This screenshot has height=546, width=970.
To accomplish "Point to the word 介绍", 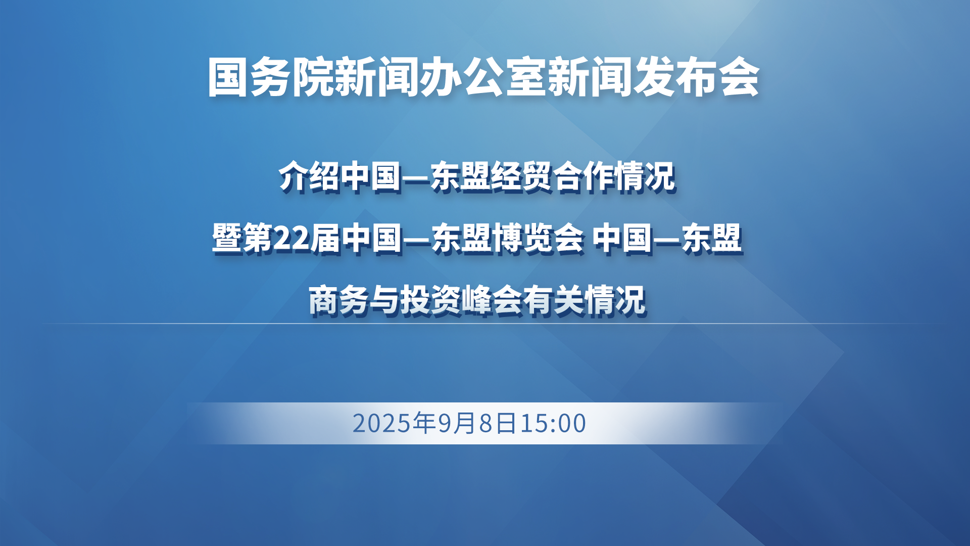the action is click(309, 177).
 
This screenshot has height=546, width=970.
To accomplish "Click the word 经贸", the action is click(521, 177).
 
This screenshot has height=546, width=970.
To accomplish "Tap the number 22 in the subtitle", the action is click(291, 239).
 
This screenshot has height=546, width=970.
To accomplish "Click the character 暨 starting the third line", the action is click(227, 238).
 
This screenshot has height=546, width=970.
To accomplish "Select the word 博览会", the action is click(538, 238).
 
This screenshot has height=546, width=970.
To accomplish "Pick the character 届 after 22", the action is click(325, 238).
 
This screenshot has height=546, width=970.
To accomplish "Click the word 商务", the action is click(338, 300).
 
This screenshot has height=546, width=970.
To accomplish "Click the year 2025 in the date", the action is click(382, 423).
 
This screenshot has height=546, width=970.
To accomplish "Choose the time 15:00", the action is click(553, 423).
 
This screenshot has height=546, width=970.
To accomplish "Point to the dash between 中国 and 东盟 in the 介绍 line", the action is click(416, 178).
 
